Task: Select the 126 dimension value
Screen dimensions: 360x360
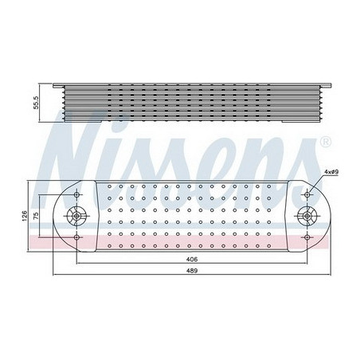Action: [x=25, y=214]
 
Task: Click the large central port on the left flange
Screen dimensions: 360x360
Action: [x=77, y=214]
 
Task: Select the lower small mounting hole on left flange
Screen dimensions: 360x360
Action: [x=77, y=237]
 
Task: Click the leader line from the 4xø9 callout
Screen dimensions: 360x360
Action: [x=317, y=182]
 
